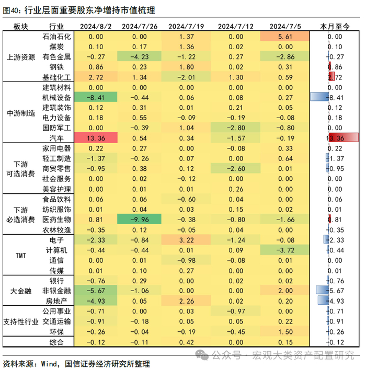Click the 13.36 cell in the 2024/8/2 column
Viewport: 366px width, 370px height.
[96, 138]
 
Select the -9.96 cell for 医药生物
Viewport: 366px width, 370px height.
[139, 219]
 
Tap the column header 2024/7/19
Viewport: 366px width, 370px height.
[186, 26]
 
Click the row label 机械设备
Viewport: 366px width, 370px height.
[56, 97]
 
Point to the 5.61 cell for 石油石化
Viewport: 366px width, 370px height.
[285, 37]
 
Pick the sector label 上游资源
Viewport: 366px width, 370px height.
[21, 57]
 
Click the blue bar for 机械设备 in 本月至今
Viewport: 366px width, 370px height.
[319, 97]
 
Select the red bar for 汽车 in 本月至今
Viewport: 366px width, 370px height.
[344, 137]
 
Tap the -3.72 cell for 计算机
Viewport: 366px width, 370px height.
[285, 250]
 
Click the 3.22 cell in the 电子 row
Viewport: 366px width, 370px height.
[186, 240]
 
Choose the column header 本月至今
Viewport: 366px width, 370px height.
[335, 26]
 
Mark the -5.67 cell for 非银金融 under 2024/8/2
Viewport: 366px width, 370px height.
[96, 291]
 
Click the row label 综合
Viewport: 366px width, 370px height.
[56, 342]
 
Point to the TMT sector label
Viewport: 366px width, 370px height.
[21, 256]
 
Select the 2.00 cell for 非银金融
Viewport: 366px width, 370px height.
[285, 291]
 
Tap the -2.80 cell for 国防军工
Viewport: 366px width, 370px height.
[235, 128]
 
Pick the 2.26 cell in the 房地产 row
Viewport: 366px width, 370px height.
[186, 301]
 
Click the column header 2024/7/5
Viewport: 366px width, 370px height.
[285, 26]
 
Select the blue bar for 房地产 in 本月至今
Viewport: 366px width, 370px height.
[323, 300]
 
